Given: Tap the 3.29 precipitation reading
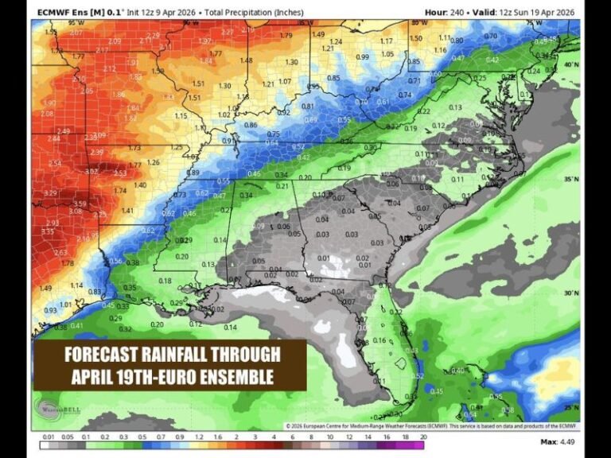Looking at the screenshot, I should coord(50,193).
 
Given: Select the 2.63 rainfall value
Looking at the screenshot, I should coord(60,252).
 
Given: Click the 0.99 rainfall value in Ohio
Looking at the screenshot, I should coord(362,56).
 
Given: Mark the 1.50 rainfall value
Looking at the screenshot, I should coord(415,38).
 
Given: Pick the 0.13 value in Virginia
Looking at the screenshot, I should coord(455,107).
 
